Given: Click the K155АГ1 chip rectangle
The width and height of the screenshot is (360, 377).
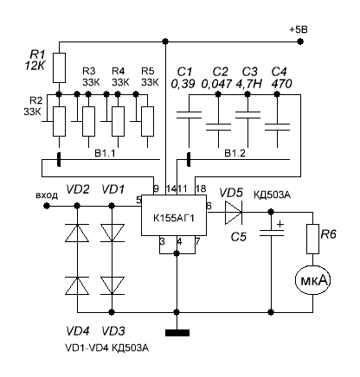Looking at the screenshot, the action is [x=174, y=215].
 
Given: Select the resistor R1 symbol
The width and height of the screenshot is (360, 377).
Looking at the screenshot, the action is [x=59, y=67].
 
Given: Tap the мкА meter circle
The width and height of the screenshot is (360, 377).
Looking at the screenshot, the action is [x=312, y=280].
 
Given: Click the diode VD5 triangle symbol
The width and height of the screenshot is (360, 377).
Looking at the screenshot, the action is [x=234, y=213].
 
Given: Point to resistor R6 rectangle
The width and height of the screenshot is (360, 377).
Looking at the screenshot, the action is [x=312, y=239].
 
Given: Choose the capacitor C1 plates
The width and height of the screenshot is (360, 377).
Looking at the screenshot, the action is [x=189, y=115].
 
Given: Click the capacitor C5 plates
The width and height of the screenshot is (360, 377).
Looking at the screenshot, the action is [x=271, y=233].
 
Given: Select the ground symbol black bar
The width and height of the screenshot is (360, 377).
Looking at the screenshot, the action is [x=177, y=333].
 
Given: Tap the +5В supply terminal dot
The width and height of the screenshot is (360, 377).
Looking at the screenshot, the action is [x=300, y=42].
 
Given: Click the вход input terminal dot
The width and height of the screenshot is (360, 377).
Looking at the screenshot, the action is [x=47, y=206].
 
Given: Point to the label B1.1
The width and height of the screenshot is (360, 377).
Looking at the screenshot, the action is [x=105, y=153].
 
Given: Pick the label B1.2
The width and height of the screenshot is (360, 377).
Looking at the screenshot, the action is [x=235, y=153].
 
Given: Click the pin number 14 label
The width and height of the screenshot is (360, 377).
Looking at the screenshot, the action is [x=171, y=188].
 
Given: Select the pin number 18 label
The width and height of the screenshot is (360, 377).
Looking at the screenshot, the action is [x=201, y=188].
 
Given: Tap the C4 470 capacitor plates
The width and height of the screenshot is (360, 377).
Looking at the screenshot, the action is [x=277, y=127].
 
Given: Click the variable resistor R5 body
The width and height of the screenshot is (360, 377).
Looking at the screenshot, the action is [x=147, y=121].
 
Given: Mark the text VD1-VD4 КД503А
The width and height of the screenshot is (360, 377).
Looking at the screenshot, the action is [x=107, y=348].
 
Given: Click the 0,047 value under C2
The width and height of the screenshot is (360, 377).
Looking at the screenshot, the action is [x=216, y=84].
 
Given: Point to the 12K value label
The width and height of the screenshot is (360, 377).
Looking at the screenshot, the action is [x=35, y=67].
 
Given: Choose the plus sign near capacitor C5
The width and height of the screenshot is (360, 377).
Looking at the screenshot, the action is [x=280, y=224].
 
